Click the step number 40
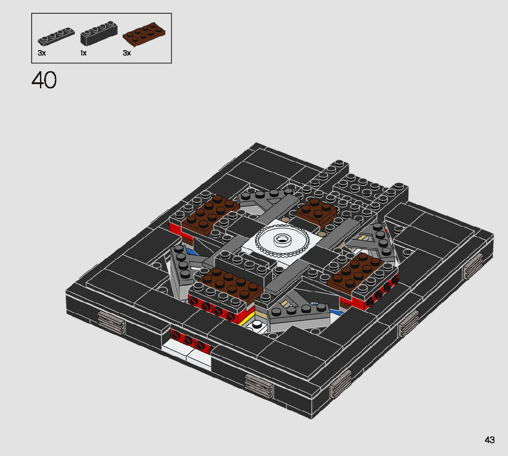(44, 80)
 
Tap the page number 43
(490, 440)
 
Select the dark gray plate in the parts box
(56, 36)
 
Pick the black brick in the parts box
(99, 34)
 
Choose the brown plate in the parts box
(144, 34)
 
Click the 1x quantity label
(84, 53)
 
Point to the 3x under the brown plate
(127, 53)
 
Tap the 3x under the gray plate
(42, 53)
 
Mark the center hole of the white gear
(282, 239)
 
